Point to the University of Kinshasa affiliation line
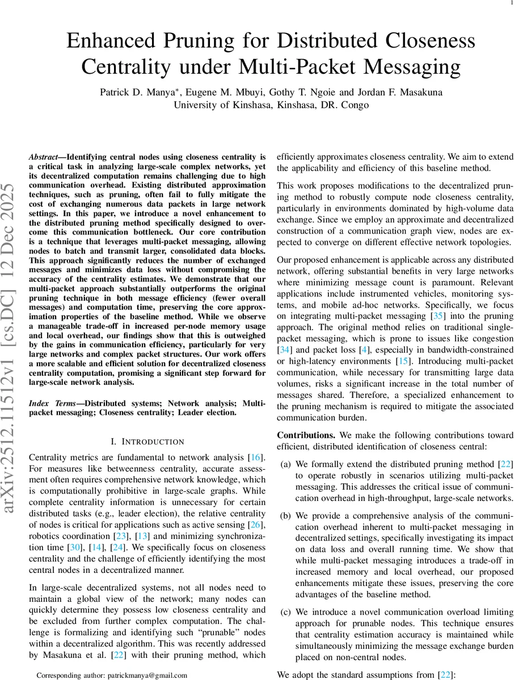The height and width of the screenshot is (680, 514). click(272, 104)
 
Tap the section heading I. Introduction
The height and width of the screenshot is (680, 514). click(146, 441)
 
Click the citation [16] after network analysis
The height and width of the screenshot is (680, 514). click(256, 457)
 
